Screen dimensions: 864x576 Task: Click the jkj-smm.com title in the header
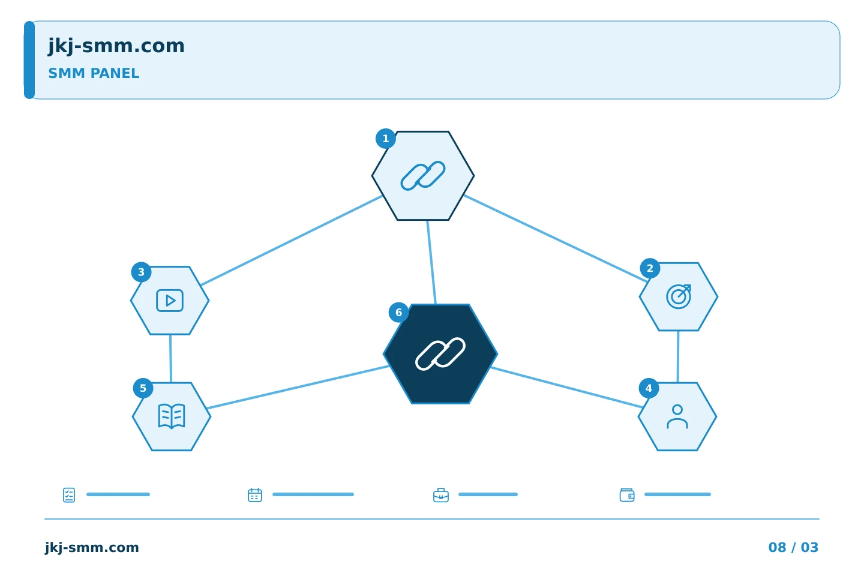click(116, 46)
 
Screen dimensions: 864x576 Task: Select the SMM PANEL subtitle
click(94, 73)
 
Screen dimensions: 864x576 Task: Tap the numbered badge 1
click(385, 139)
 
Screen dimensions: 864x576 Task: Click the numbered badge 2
click(650, 268)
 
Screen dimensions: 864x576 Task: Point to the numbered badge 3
click(141, 272)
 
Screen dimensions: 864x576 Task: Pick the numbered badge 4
click(649, 388)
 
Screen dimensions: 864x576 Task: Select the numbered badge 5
click(143, 388)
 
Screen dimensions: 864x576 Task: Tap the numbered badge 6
click(398, 313)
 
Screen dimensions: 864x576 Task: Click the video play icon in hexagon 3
click(170, 301)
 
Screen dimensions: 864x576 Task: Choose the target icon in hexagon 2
click(679, 296)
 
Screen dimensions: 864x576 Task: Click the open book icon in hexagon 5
click(172, 416)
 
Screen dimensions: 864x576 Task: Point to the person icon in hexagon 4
click(677, 416)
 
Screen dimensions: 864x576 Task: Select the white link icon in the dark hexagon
click(440, 354)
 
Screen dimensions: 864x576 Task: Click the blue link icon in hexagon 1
click(423, 176)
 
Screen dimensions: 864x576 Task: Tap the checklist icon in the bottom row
click(69, 495)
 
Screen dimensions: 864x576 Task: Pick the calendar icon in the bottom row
click(255, 495)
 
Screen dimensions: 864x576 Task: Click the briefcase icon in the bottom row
click(441, 495)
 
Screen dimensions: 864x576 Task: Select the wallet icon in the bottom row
click(627, 495)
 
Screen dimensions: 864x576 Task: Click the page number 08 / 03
click(793, 547)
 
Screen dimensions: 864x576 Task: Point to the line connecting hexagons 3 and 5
click(170, 359)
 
